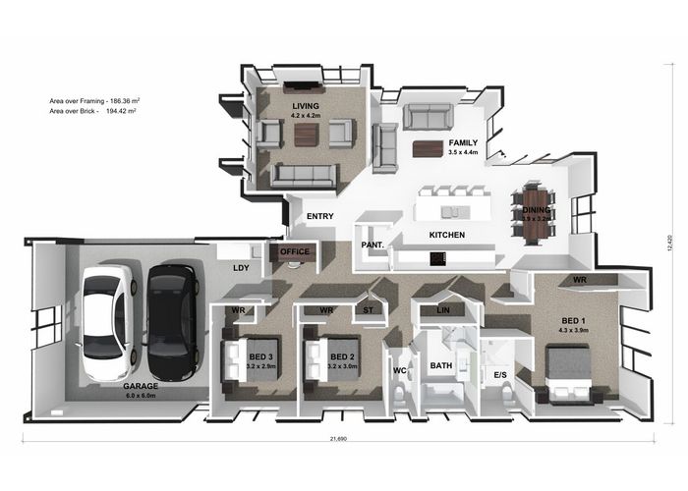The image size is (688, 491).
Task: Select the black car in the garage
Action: click(x=172, y=322)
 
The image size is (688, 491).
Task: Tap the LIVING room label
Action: click(x=306, y=106)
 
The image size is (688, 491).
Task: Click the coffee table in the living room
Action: click(x=307, y=136)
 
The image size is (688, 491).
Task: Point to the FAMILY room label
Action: click(x=463, y=143)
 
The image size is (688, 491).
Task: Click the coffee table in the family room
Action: click(x=428, y=148)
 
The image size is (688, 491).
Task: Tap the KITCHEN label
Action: click(x=446, y=235)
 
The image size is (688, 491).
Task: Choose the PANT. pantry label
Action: click(x=373, y=245)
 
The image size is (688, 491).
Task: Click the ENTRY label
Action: click(x=319, y=216)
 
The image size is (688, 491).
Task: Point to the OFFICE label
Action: click(x=295, y=251)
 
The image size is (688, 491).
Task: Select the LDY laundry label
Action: click(x=241, y=268)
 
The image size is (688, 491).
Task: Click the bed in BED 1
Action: click(x=568, y=373)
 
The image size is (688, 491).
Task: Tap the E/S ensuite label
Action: click(x=500, y=375)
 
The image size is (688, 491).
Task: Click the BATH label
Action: click(x=441, y=365)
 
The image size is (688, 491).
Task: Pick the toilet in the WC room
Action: click(x=399, y=393)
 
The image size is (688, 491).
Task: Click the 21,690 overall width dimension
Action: click(x=338, y=438)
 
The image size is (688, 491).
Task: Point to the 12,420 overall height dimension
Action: click(x=668, y=244)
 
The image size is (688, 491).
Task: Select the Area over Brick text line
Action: click(x=92, y=111)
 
